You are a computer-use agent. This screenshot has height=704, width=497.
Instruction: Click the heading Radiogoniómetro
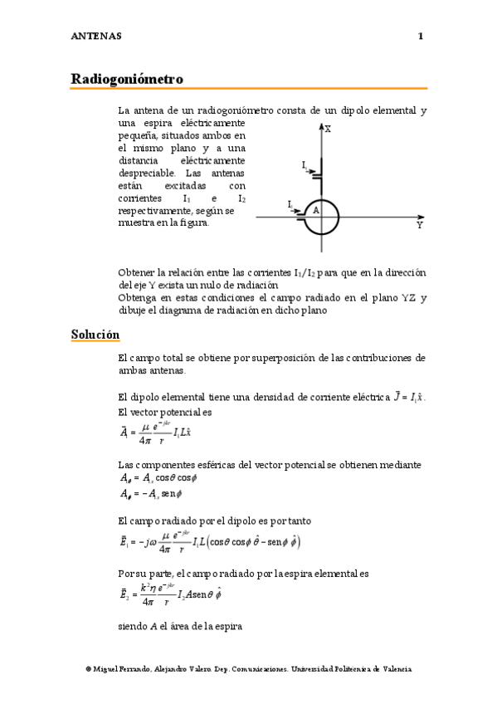tap(127, 79)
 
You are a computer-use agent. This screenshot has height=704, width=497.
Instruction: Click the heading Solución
tap(95, 335)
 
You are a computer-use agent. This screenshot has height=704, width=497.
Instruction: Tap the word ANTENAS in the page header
tap(96, 36)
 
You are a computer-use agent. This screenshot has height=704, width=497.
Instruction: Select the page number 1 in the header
tap(421, 36)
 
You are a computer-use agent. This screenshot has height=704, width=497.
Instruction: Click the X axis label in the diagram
tap(329, 130)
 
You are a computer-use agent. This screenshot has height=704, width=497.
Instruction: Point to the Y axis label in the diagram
tap(419, 226)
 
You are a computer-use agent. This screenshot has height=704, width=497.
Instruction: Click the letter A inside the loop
tap(316, 211)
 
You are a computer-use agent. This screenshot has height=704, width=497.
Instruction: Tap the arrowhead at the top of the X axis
tap(320, 127)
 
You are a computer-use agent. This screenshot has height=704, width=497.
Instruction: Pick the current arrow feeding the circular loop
tap(294, 208)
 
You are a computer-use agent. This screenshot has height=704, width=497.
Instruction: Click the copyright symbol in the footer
tap(88, 668)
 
